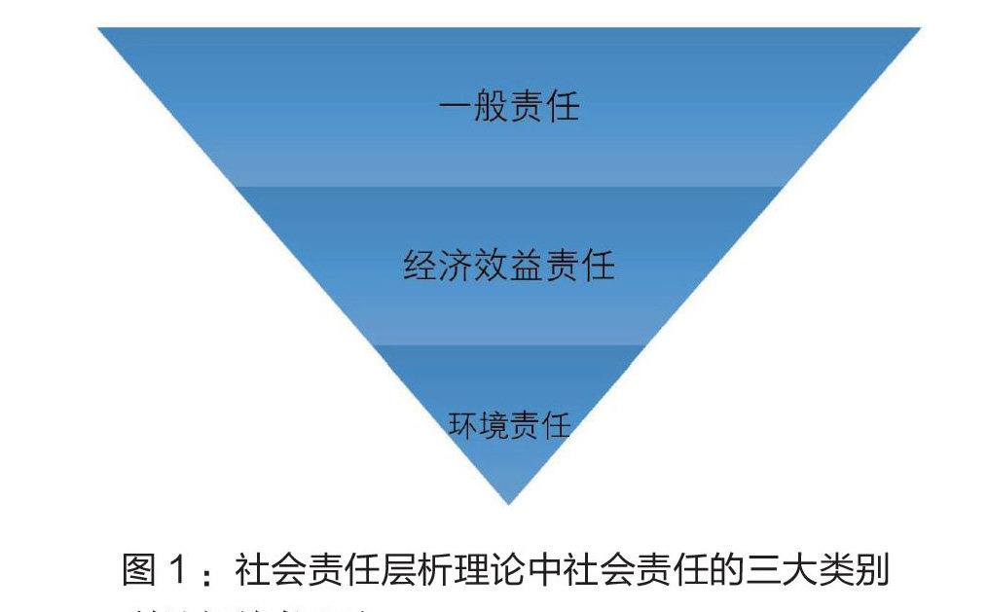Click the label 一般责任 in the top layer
508,105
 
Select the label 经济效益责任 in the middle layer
508,265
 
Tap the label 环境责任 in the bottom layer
508,425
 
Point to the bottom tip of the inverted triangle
508,502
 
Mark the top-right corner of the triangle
918,29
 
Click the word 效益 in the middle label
508,265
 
